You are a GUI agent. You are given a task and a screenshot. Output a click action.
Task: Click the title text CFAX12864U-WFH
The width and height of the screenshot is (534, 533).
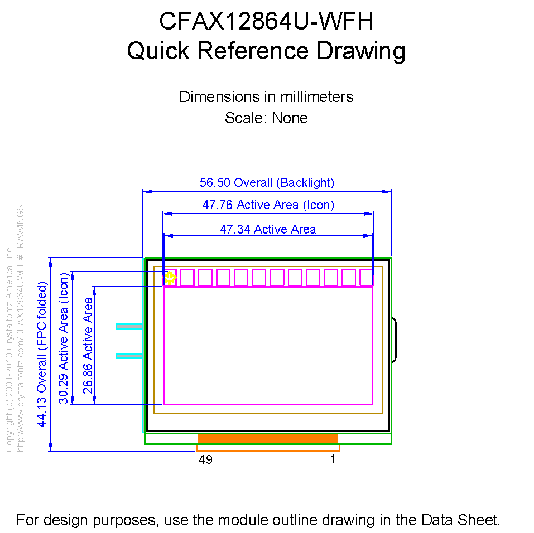click(266, 22)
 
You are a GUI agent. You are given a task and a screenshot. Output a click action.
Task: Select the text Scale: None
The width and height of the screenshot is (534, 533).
click(266, 118)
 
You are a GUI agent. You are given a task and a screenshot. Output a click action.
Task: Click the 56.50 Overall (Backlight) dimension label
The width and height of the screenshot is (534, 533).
click(267, 182)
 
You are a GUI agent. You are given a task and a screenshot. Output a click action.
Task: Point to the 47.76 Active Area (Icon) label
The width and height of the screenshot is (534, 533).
click(268, 205)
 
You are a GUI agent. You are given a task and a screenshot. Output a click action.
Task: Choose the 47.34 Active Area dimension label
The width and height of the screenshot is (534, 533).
click(268, 229)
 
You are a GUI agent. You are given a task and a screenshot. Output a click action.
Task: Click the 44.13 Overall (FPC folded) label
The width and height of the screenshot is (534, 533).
click(41, 354)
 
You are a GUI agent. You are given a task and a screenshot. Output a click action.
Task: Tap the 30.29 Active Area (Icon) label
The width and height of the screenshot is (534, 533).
click(64, 338)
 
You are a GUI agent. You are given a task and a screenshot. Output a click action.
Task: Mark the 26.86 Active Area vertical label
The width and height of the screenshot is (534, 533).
click(88, 346)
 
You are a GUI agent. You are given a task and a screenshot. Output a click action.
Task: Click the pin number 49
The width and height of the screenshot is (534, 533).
click(205, 460)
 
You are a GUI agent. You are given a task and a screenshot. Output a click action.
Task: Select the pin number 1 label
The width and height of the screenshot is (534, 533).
click(333, 460)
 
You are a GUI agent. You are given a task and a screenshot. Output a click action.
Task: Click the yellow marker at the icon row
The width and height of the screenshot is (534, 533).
click(170, 277)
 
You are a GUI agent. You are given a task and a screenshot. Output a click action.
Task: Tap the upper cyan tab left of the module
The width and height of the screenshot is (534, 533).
click(128, 326)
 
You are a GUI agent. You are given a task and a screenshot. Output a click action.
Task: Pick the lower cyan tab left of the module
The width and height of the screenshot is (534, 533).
click(128, 356)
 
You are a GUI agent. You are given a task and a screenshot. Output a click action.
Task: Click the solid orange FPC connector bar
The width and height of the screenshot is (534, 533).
click(268, 439)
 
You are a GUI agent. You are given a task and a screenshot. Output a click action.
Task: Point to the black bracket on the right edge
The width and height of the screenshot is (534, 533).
click(394, 340)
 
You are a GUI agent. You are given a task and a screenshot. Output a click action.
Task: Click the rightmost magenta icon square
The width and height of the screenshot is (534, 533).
click(366, 277)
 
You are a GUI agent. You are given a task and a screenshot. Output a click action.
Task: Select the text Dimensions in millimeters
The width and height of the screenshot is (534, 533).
click(266, 96)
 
